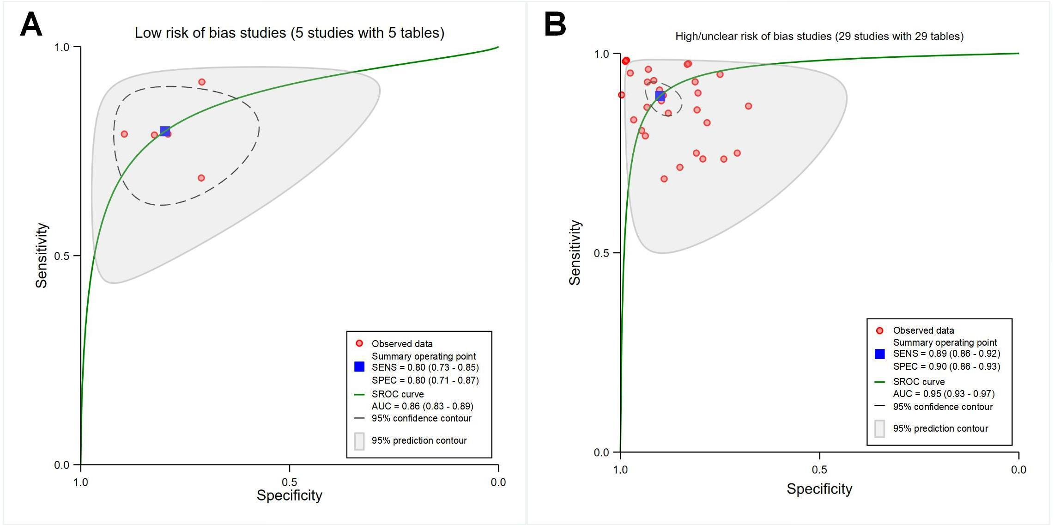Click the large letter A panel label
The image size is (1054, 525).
click(x=31, y=24)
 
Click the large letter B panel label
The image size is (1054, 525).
click(x=555, y=24)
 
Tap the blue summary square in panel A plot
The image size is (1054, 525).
click(x=165, y=131)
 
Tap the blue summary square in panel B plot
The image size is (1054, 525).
click(x=660, y=96)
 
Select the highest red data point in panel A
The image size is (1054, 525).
click(x=202, y=82)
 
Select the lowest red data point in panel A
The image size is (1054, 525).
click(x=201, y=178)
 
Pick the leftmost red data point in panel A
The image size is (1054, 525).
click(x=124, y=134)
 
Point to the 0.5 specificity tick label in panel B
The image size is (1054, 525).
click(x=819, y=470)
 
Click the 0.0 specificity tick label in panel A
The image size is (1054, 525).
click(x=498, y=482)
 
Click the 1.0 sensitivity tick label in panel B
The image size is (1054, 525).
click(x=601, y=54)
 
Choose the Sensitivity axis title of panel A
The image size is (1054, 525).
click(x=42, y=256)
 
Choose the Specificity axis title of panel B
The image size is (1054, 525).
click(x=819, y=489)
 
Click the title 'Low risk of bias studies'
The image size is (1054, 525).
click(x=289, y=33)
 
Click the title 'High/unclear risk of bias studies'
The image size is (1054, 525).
click(x=819, y=36)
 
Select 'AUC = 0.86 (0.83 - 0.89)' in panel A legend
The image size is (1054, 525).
click(x=422, y=406)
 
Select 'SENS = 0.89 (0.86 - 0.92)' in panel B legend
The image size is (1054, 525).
click(x=946, y=354)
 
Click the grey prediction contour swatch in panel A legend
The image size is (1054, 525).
click(x=359, y=441)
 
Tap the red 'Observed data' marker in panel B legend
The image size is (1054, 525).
click(x=879, y=330)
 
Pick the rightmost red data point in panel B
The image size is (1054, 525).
click(x=748, y=106)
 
